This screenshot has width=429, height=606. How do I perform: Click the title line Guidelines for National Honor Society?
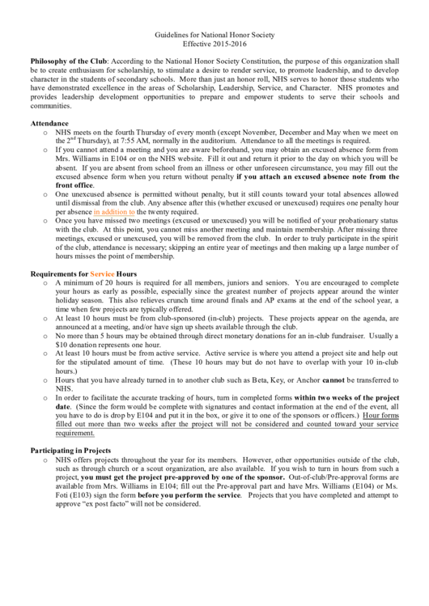[x=215, y=35]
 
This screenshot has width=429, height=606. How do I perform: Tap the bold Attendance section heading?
[x=49, y=123]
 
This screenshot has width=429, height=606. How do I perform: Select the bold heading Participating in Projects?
[x=70, y=449]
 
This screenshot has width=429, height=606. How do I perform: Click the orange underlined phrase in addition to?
[x=114, y=211]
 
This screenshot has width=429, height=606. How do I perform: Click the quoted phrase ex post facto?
[x=103, y=503]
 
